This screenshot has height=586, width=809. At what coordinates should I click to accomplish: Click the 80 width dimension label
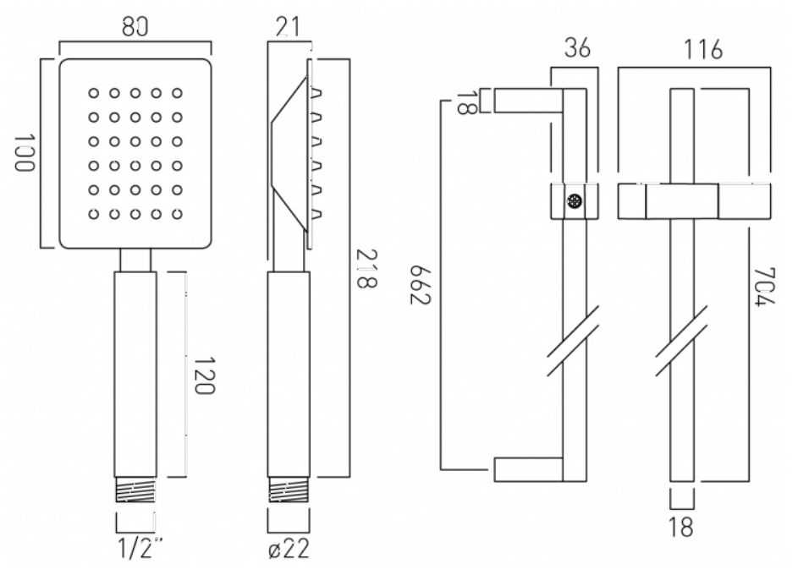point(135,27)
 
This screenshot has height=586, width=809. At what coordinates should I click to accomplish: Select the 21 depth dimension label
point(287,27)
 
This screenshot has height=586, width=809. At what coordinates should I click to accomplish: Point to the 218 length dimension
point(366,269)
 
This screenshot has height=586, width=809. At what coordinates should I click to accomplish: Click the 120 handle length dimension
point(204,375)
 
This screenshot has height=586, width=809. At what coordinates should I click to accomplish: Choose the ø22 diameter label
point(289,549)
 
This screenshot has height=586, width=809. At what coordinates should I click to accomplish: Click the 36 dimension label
point(577,48)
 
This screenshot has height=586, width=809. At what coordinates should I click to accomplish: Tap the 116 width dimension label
point(702,50)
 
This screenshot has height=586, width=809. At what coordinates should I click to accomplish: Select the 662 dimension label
point(420,285)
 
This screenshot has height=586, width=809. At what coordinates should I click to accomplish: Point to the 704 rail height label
point(765,287)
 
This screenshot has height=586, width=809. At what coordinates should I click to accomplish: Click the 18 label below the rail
point(681,527)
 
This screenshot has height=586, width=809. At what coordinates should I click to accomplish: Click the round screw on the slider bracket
point(574,201)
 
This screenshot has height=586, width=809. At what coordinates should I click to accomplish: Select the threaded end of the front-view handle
point(135,490)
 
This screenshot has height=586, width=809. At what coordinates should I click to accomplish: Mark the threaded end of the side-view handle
point(289,490)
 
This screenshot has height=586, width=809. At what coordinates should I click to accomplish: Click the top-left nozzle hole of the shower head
point(93,93)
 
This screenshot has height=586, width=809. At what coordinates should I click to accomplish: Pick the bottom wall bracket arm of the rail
point(528,469)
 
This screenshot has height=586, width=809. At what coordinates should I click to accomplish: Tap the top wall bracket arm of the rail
point(528,101)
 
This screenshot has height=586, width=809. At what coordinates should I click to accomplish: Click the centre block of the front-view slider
point(681,201)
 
